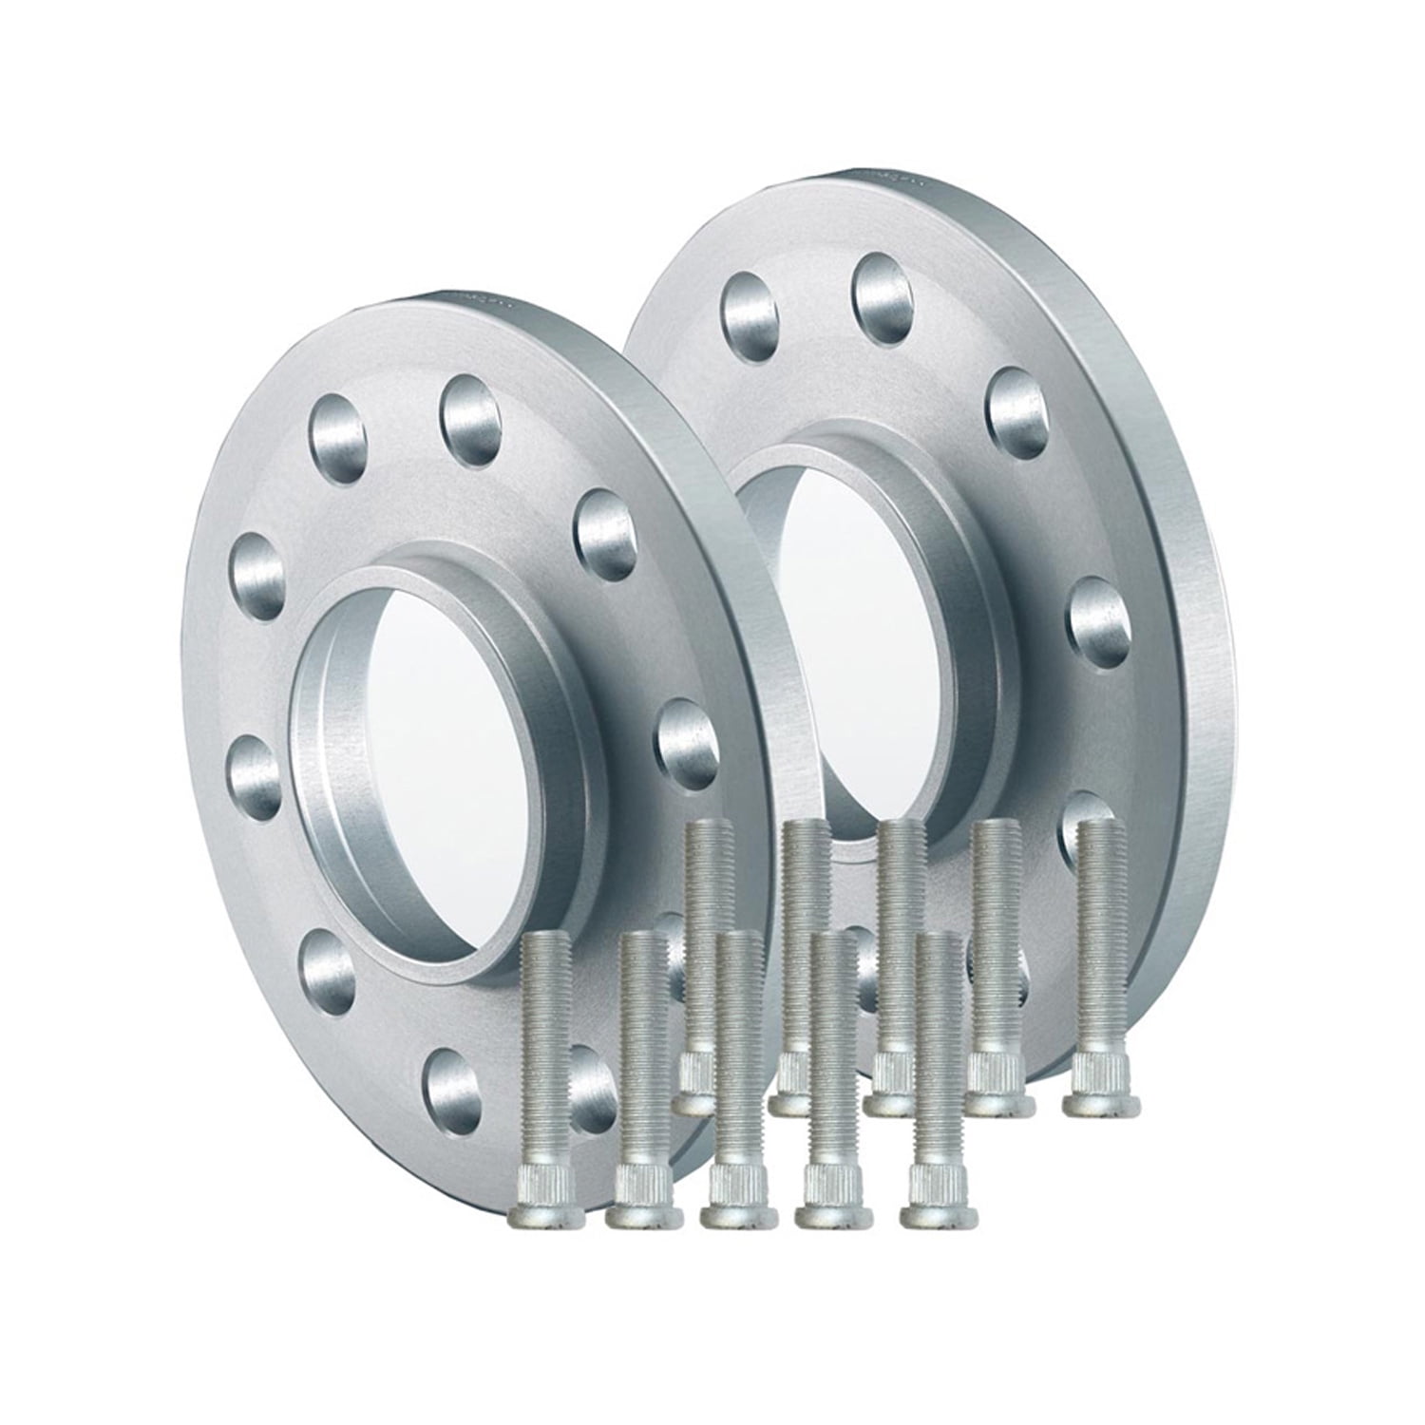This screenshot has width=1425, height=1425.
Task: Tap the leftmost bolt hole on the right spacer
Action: coord(747,301)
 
